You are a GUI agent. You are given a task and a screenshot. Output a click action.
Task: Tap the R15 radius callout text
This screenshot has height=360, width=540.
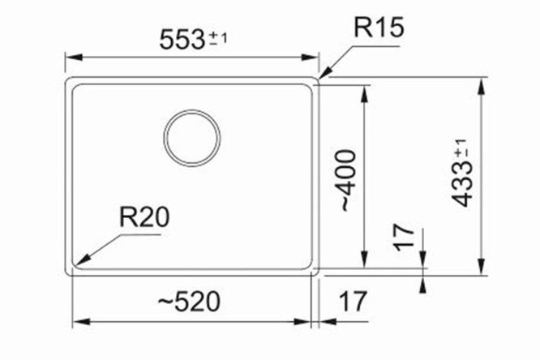(x=379, y=28)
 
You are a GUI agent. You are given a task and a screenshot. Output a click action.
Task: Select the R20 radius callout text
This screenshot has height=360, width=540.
(x=144, y=217)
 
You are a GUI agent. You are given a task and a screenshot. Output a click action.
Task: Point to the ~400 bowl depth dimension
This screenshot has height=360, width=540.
(x=348, y=180)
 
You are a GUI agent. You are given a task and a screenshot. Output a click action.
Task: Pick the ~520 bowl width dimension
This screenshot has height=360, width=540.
(x=189, y=302)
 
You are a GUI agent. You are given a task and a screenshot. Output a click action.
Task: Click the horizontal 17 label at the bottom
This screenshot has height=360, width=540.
(x=354, y=302)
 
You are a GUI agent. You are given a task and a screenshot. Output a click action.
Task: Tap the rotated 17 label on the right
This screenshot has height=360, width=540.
(x=404, y=238)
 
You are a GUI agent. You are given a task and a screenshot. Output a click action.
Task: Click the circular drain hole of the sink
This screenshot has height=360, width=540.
(x=192, y=138)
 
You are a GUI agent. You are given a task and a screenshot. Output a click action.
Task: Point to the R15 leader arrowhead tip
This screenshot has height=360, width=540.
(x=320, y=79)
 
